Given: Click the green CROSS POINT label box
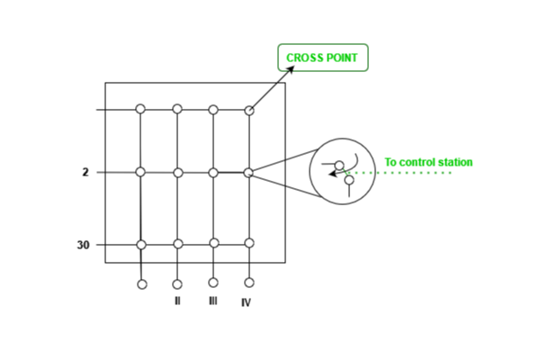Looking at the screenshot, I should point(322,58).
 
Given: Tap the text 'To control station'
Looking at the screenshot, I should point(428,163).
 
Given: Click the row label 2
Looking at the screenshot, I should point(85,172).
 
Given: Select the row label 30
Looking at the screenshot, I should point(83,245).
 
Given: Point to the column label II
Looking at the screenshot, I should point(177,301).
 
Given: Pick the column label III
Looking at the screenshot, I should point(212,301).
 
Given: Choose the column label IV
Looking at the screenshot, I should point(246,303).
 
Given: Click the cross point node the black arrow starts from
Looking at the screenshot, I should point(249,111).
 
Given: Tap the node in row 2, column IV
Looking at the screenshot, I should point(248,172).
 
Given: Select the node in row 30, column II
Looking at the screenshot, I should point(178,244).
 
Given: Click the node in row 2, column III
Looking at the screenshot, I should point(213,172).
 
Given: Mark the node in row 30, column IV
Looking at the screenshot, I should point(249,243).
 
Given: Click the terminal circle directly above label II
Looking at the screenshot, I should point(177,284).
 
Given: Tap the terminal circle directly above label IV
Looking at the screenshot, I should point(249,283).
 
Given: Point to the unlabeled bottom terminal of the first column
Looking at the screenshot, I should point(142,284).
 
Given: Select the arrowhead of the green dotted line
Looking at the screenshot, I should point(332,174).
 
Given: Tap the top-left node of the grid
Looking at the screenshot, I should point(140,109).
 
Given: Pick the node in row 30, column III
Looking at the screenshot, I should point(213,243).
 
